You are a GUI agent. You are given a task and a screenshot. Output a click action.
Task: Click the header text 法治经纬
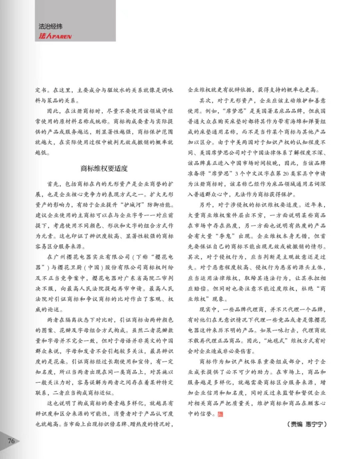[x=50, y=26]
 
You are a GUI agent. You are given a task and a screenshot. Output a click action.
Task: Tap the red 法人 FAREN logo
[x=55, y=36]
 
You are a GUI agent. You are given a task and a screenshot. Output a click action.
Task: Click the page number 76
[x=11, y=441]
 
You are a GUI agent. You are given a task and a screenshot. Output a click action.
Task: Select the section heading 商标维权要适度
[x=104, y=168]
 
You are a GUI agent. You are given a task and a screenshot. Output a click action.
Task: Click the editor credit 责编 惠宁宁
[x=307, y=424]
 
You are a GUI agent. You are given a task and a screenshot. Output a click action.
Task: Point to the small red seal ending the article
[x=220, y=414]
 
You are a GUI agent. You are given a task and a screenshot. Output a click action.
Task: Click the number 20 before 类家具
[x=286, y=173]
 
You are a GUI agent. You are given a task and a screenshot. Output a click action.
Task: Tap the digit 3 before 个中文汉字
[x=236, y=173]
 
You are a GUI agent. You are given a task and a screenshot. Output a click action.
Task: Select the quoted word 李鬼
[x=227, y=236]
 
